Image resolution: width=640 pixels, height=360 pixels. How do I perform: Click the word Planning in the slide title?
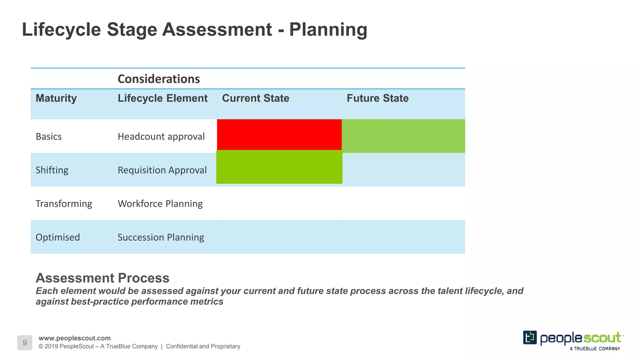tap(328, 30)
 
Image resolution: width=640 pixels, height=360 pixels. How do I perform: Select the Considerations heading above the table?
tap(158, 79)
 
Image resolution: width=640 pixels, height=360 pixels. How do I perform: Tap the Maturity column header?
tap(56, 98)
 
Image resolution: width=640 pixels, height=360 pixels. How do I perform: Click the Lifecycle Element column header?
tap(162, 98)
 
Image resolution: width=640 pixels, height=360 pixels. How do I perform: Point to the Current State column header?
tap(255, 98)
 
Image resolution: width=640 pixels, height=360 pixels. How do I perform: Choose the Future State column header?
tap(377, 98)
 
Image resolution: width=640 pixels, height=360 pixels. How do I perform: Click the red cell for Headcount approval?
tap(279, 135)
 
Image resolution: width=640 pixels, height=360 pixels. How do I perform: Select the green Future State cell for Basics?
tap(403, 136)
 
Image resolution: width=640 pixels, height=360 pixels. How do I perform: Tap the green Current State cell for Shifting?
tap(279, 167)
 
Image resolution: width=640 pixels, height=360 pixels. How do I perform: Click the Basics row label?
tap(48, 137)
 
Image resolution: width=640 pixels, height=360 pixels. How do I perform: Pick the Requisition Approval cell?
tap(162, 170)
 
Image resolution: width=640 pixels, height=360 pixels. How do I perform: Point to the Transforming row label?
tap(64, 204)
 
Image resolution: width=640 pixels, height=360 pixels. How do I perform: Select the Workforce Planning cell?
tap(160, 204)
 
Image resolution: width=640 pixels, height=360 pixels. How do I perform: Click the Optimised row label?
tap(58, 237)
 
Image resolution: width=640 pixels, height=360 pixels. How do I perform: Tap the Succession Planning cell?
tap(161, 237)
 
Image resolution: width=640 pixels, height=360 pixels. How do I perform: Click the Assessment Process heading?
tap(102, 278)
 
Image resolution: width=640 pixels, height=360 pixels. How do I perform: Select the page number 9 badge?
tap(25, 343)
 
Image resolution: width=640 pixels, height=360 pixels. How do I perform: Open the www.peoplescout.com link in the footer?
tap(74, 338)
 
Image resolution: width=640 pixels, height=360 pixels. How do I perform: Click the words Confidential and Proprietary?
tap(203, 346)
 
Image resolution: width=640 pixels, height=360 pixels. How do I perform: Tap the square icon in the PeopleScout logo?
tap(530, 337)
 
